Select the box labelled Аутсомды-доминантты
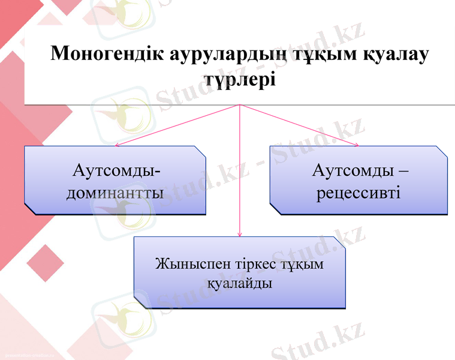(114, 180)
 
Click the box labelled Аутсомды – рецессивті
(358, 180)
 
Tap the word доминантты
(115, 193)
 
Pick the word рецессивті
(358, 193)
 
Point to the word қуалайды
(240, 283)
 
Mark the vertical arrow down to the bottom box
(240, 174)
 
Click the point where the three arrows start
(240, 105)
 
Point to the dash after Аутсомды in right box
(403, 170)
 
